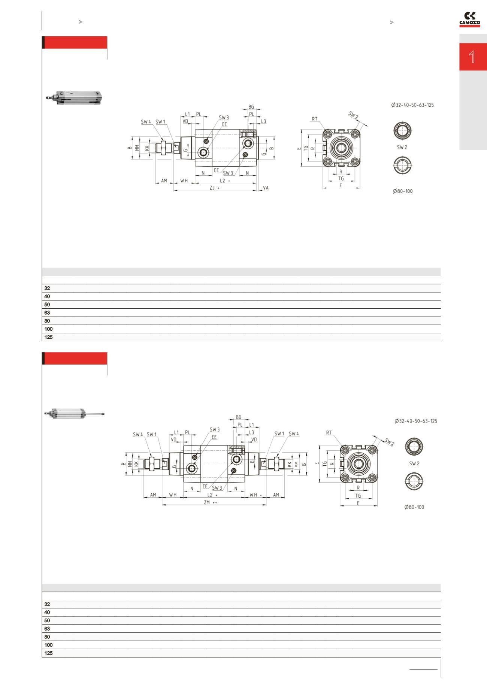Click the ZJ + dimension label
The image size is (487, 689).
pyautogui.click(x=214, y=188)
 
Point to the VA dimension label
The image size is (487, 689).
pyautogui.click(x=266, y=187)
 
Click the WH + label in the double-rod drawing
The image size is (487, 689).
pyautogui.click(x=256, y=495)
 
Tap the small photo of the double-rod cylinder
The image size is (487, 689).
pyautogui.click(x=74, y=413)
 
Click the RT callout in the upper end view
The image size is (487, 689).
pyautogui.click(x=314, y=119)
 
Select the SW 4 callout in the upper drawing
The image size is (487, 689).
pyautogui.click(x=146, y=121)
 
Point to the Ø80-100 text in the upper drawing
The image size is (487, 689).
pyautogui.click(x=402, y=191)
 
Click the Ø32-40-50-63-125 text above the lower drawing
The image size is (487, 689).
pyautogui.click(x=415, y=421)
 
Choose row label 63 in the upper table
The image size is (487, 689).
pyautogui.click(x=47, y=312)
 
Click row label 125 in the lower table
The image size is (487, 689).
pyautogui.click(x=49, y=653)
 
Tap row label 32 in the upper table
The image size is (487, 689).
pyautogui.click(x=47, y=288)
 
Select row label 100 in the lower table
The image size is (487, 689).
pyautogui.click(x=49, y=645)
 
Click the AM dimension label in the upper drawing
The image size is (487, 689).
pyautogui.click(x=164, y=181)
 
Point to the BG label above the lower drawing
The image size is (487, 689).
pyautogui.click(x=238, y=417)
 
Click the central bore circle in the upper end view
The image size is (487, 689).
pyautogui.click(x=341, y=148)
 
